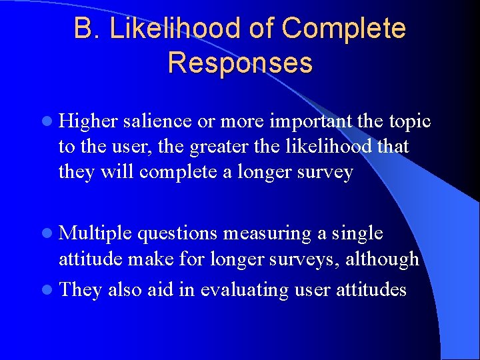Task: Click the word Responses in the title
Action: (x=240, y=63)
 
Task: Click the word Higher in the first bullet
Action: (x=89, y=121)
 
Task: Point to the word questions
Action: (x=179, y=233)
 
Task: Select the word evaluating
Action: (x=247, y=291)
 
